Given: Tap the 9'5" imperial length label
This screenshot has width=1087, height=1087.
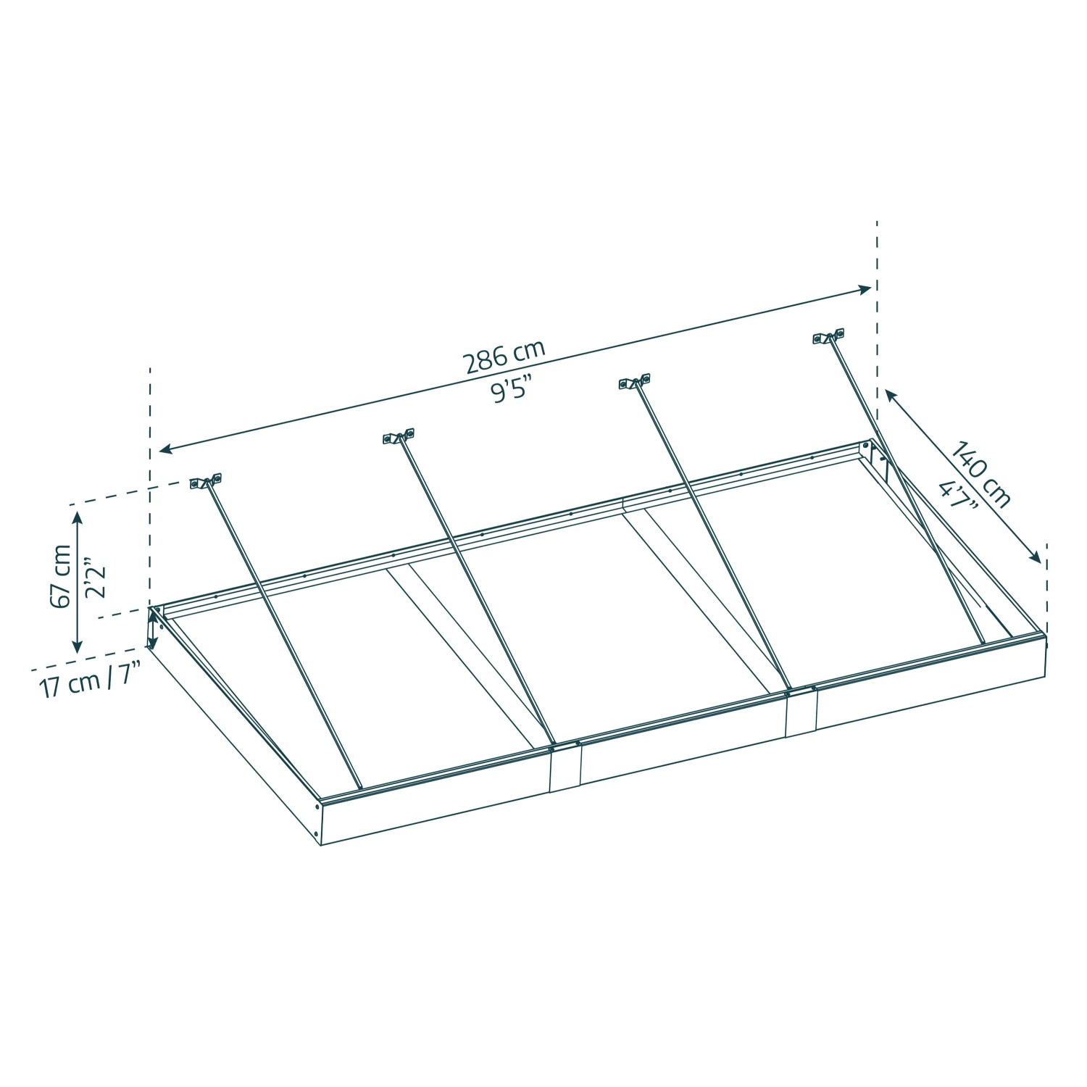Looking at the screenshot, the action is point(516,391).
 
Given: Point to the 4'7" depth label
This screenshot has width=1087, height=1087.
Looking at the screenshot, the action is point(957,495).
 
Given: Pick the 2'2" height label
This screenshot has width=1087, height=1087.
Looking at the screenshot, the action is point(95,578).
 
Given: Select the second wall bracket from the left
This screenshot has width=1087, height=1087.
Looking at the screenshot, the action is point(399,436).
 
